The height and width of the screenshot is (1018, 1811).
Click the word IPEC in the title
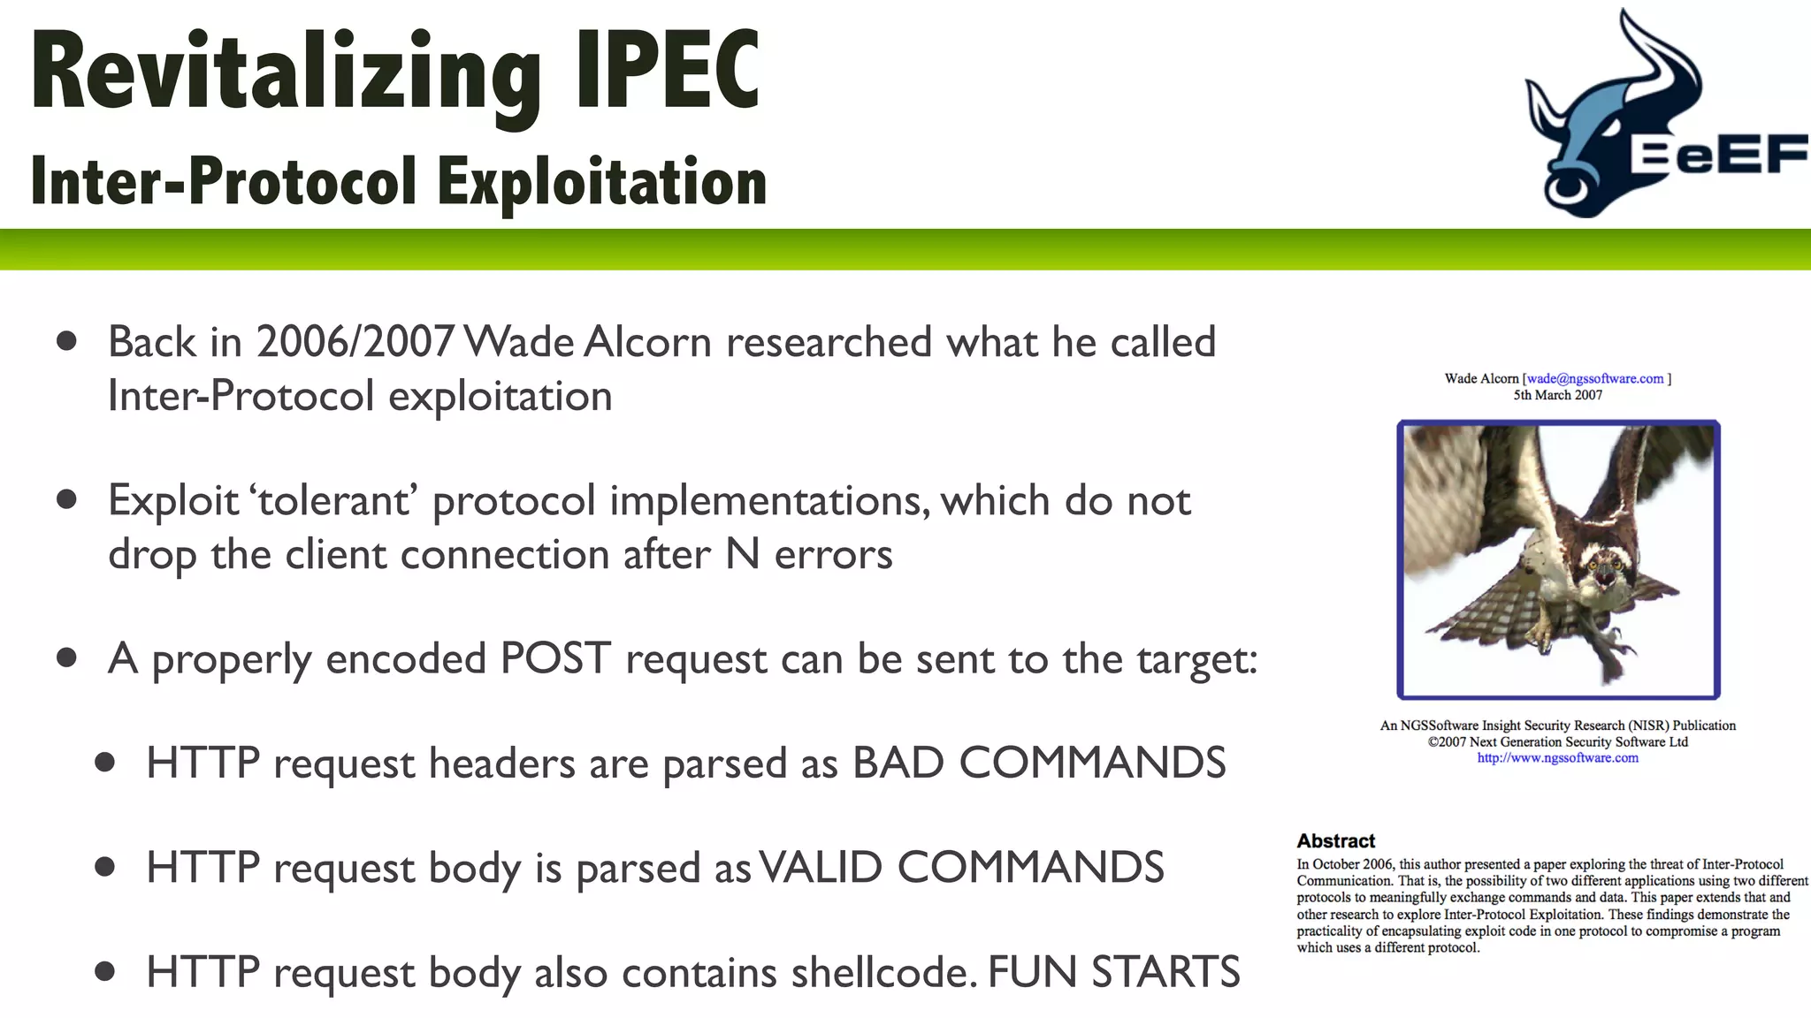(x=668, y=71)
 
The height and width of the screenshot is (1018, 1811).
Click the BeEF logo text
(x=1717, y=156)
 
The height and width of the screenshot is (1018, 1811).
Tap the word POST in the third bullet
(x=555, y=659)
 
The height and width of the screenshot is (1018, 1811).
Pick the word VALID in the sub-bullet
(x=820, y=868)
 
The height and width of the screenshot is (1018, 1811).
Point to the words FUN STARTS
(x=1113, y=972)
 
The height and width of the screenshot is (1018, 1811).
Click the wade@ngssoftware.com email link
(x=1595, y=378)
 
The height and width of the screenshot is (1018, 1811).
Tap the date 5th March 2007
(x=1557, y=395)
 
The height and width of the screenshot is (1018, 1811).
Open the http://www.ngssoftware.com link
(x=1557, y=757)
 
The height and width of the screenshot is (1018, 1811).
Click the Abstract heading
(x=1335, y=840)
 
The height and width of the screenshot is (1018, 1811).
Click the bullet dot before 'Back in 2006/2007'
(x=66, y=341)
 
